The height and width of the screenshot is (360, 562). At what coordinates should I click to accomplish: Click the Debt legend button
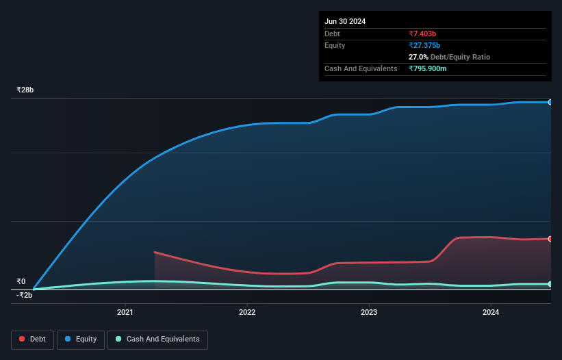(33, 339)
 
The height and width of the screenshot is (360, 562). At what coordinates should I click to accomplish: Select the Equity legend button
(81, 339)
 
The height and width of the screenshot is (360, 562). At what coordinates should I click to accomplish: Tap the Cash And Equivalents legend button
(157, 339)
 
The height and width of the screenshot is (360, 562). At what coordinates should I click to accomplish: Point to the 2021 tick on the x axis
(125, 313)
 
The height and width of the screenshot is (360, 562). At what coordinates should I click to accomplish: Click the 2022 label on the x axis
(247, 313)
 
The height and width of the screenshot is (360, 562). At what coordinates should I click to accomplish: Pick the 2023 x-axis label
(369, 313)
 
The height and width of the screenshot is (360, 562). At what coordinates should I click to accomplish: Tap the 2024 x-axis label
(491, 313)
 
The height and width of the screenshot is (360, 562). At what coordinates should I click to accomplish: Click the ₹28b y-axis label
(25, 90)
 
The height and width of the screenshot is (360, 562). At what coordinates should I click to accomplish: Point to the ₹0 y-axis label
(21, 281)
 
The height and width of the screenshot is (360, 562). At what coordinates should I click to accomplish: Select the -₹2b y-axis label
(25, 295)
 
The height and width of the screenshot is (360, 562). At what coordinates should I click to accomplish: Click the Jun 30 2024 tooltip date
(345, 21)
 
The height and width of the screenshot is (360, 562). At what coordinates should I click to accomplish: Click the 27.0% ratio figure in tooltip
(419, 57)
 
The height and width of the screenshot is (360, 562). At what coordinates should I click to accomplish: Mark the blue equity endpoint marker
(550, 102)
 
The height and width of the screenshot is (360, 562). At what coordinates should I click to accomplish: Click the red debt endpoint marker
(550, 239)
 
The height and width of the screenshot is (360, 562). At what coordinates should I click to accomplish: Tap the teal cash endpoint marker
(550, 284)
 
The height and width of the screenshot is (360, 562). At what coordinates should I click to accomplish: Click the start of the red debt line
(155, 252)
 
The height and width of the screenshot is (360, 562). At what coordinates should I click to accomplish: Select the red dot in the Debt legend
(23, 339)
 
